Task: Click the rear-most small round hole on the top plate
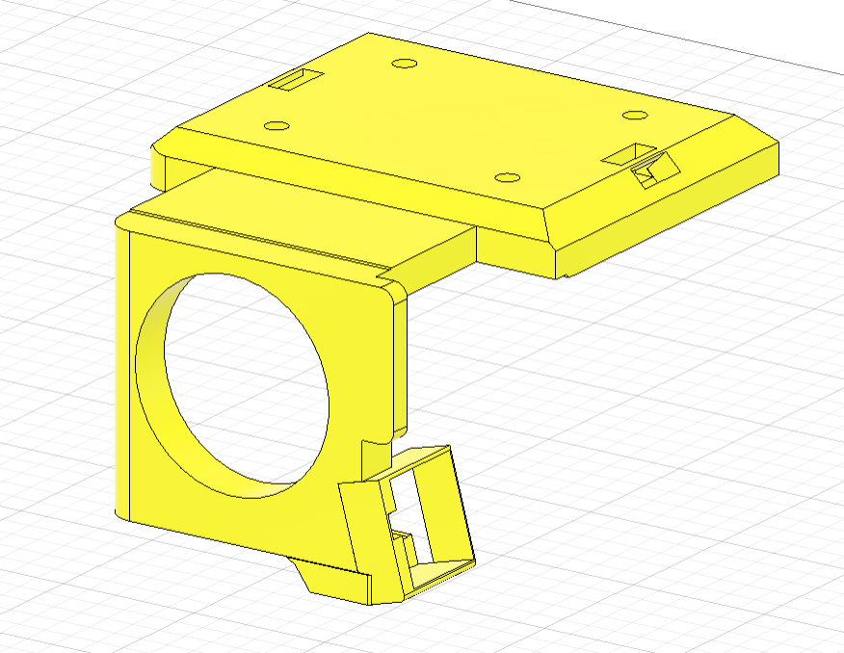(x=405, y=64)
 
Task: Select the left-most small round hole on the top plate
(x=277, y=126)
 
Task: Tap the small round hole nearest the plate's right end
(x=634, y=116)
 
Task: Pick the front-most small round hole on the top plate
(x=507, y=178)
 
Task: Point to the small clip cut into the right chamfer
(x=655, y=171)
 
